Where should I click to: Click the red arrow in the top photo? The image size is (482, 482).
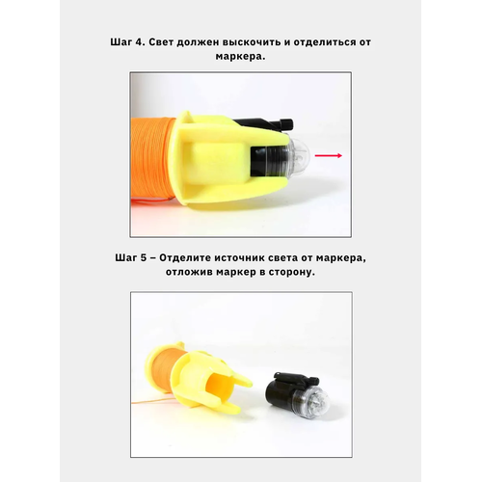(329, 156)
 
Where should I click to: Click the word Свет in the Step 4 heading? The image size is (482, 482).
(161, 42)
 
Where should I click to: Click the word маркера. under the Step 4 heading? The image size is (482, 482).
(240, 57)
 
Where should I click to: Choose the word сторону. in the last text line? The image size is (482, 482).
(292, 273)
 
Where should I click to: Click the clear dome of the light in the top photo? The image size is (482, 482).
(298, 155)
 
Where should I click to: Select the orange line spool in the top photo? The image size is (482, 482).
(151, 162)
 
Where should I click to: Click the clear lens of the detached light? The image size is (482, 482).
(316, 397)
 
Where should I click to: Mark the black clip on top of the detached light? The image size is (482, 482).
(296, 378)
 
